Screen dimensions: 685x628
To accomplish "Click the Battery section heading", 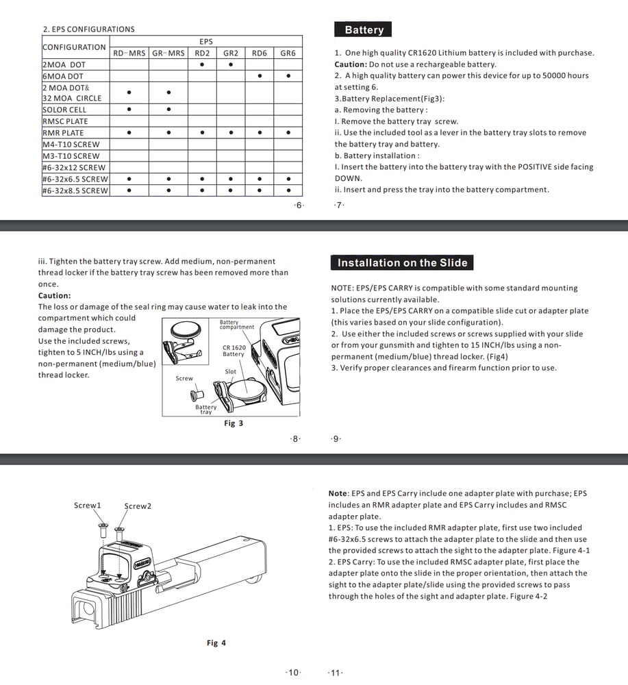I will coord(364,29).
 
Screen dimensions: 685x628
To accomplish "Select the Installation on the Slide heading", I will coord(402,262).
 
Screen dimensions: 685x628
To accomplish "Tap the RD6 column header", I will coord(259,53).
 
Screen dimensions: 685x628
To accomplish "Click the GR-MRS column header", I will coord(168,53).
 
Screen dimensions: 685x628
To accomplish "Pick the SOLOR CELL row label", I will coord(64,110).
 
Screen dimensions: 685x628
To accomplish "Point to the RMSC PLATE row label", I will coord(65,121).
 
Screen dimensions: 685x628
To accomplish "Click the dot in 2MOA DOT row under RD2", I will coord(201,64).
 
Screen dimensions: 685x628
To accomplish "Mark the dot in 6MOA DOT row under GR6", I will coord(288,76).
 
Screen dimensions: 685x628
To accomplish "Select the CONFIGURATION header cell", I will coord(74,47).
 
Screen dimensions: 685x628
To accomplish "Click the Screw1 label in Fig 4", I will coord(88,506).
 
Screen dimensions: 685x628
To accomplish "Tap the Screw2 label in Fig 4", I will coord(138,506).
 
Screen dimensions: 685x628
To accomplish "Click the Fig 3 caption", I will coord(234,423).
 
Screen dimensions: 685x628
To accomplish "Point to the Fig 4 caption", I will coord(216,643).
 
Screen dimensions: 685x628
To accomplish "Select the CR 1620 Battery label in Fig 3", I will coord(234,351).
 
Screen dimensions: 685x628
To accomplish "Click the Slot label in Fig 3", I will coord(231,372).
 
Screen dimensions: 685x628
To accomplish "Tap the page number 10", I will coord(293,673).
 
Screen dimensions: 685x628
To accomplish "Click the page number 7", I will coord(340,206).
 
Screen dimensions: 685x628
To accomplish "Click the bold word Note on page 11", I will coord(338,493).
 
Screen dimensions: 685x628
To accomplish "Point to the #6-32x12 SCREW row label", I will coord(74,167).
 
